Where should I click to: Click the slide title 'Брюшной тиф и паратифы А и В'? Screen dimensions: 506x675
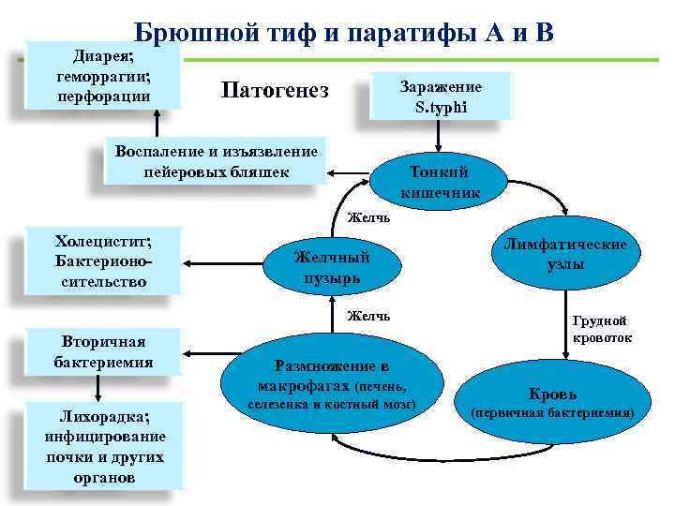pyautogui.click(x=343, y=33)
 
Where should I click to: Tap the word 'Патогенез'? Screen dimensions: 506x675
pyautogui.click(x=275, y=90)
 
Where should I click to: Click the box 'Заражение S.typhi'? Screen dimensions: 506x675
pyautogui.click(x=441, y=97)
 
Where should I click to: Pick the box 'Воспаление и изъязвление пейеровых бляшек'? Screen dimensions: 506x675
pyautogui.click(x=217, y=160)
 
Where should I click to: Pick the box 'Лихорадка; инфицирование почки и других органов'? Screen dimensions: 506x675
pyautogui.click(x=104, y=446)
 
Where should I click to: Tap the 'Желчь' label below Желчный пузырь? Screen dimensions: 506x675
pyautogui.click(x=368, y=316)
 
